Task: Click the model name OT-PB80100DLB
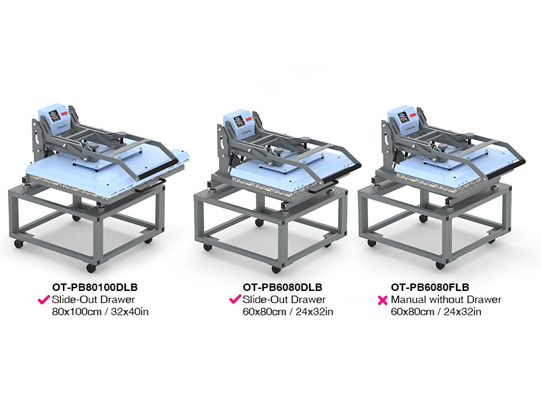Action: click(x=95, y=288)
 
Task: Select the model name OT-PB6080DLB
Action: click(x=282, y=288)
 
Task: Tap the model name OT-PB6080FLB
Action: click(x=430, y=288)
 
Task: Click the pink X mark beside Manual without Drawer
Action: click(x=383, y=300)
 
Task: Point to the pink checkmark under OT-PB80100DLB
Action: click(x=44, y=300)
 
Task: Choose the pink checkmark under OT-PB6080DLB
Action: click(x=235, y=299)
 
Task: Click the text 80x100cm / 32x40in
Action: click(x=100, y=312)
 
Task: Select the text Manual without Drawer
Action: click(x=446, y=300)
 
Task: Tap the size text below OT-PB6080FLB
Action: click(x=436, y=312)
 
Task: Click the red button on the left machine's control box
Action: click(x=65, y=113)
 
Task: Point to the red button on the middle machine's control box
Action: click(x=249, y=119)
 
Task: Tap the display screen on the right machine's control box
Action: click(x=403, y=117)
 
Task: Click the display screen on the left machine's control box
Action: click(x=55, y=115)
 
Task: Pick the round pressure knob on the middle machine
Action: click(x=277, y=151)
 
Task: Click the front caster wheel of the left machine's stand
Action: click(x=91, y=268)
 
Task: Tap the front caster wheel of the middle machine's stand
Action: click(x=276, y=269)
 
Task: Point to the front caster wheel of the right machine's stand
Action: click(x=440, y=265)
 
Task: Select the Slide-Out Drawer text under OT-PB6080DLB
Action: click(x=284, y=300)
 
